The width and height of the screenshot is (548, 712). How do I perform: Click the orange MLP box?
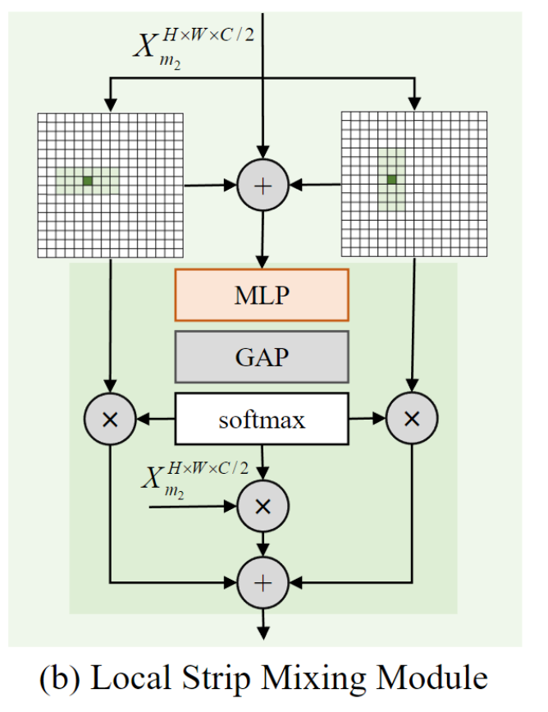(262, 294)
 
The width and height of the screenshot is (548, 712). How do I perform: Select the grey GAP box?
(262, 357)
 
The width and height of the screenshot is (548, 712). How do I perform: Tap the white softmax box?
(262, 420)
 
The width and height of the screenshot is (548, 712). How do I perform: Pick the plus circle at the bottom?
(262, 583)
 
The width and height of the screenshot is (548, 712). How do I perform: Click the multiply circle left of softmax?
(110, 420)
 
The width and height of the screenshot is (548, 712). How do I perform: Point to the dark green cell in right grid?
(392, 179)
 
